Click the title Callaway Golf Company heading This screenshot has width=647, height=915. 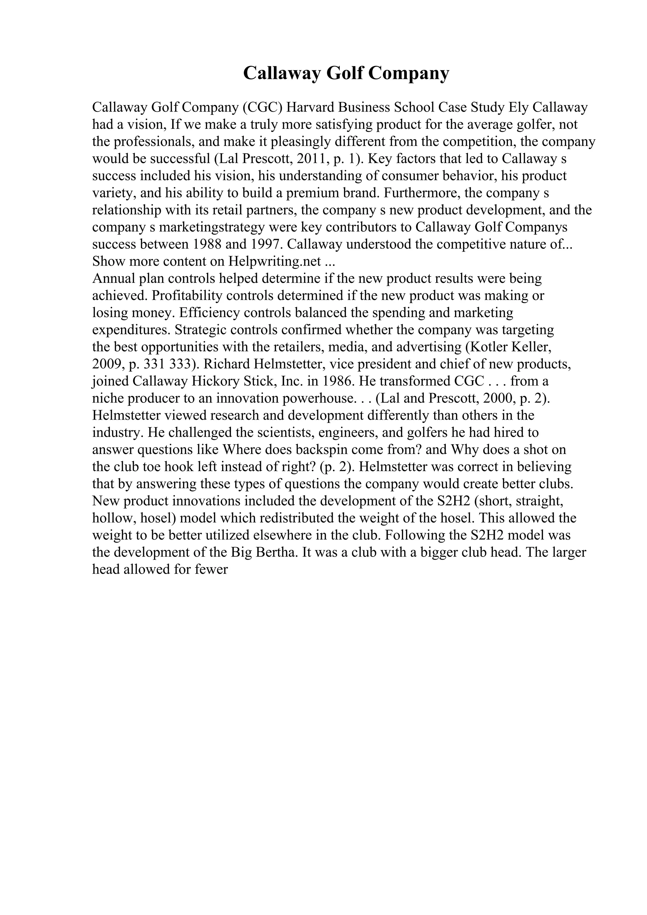346,73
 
